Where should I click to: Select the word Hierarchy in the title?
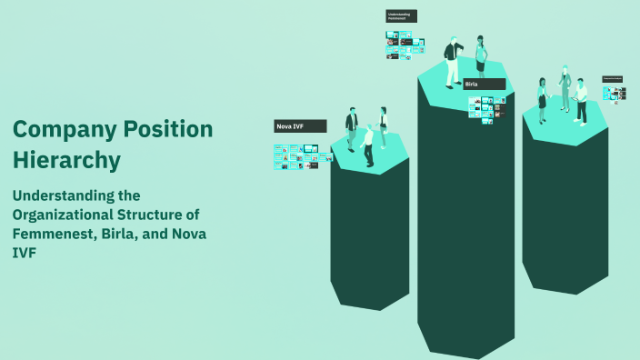[x=66, y=160]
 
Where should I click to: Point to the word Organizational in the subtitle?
[x=69, y=215]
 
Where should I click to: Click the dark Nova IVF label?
[x=299, y=126]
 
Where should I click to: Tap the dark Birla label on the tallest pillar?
[x=484, y=84]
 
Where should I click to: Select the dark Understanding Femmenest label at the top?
[x=401, y=16]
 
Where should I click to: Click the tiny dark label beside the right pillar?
[x=612, y=79]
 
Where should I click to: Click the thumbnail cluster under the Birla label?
[x=486, y=107]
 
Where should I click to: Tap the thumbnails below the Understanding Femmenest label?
[x=400, y=45]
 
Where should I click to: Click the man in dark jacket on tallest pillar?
[x=452, y=62]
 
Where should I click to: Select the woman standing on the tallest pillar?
[x=481, y=56]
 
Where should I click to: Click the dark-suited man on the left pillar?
[x=351, y=129]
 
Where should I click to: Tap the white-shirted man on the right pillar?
[x=580, y=100]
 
